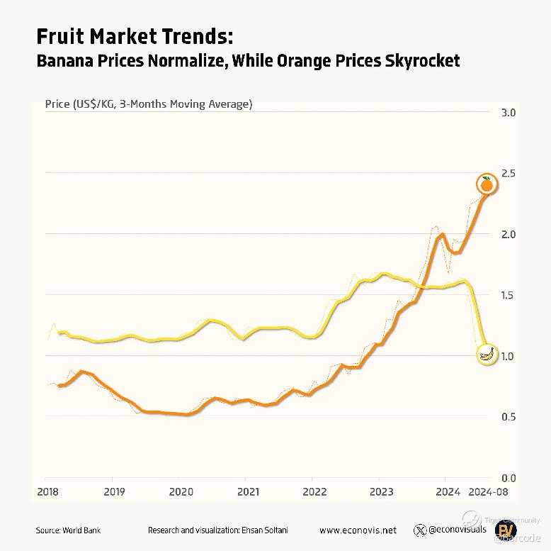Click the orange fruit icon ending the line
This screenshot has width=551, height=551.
(487, 185)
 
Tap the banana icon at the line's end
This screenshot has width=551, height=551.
(487, 355)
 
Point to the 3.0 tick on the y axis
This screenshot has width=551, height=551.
(508, 113)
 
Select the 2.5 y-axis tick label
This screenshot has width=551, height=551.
(508, 174)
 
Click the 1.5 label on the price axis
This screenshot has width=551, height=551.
(508, 295)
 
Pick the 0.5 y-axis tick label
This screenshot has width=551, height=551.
(508, 417)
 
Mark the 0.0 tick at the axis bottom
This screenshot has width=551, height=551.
(508, 478)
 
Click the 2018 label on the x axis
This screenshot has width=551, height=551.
(47, 491)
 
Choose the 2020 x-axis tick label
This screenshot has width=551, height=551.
(181, 491)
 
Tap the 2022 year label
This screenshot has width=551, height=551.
(313, 491)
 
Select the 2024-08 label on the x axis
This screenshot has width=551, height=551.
(489, 491)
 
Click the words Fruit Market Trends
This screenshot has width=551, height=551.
(134, 36)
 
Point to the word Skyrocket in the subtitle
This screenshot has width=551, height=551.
(422, 61)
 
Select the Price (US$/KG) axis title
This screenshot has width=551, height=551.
(148, 104)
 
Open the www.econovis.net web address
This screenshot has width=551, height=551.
(358, 530)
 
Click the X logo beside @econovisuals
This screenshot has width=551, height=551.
(420, 530)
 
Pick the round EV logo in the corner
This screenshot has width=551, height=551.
(507, 530)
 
